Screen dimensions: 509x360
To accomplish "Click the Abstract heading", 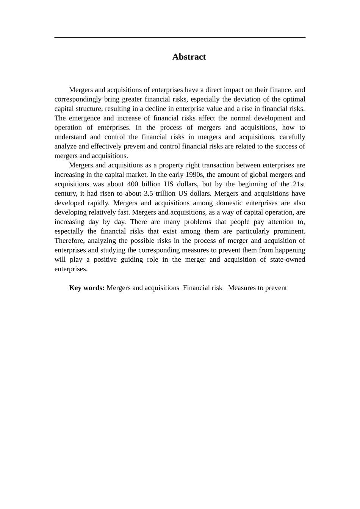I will point(189,57).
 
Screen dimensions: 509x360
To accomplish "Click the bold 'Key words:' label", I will point(86,288).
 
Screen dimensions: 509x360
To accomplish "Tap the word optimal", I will point(293,99).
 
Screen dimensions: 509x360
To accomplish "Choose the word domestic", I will point(229,203).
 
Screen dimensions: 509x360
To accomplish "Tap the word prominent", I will point(290,231).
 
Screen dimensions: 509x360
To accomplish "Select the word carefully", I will point(292,137).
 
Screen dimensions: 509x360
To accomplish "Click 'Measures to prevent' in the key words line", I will point(257,288).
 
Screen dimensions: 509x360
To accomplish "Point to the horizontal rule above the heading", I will point(180,37).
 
